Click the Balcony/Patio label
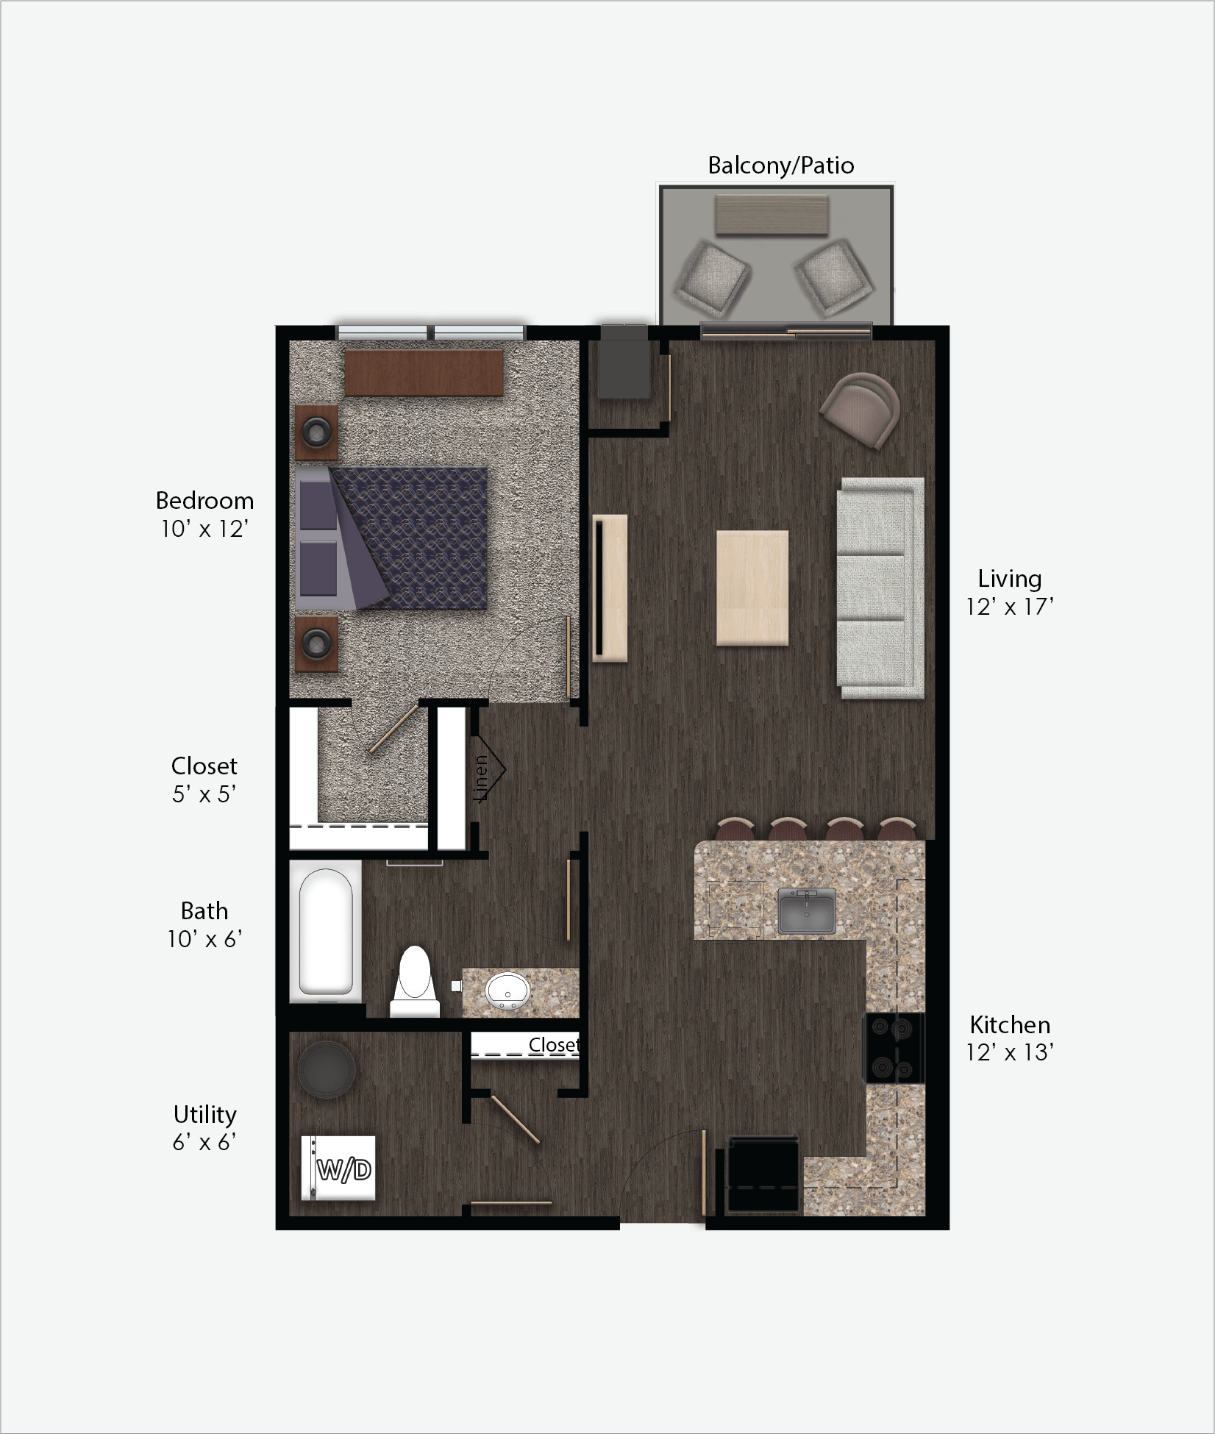point(780,165)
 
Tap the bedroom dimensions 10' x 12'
point(204,529)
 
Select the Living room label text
point(1009,579)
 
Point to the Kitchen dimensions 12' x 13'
point(1009,1052)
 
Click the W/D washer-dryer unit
point(339,1169)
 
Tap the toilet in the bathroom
point(415,982)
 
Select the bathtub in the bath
point(325,931)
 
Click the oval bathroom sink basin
point(507,991)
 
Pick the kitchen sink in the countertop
point(807,910)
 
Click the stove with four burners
point(894,1048)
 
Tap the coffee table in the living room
point(752,588)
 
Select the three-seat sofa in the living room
point(880,588)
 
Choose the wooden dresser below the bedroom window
point(424,373)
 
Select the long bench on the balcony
point(772,215)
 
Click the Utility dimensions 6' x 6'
point(204,1142)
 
